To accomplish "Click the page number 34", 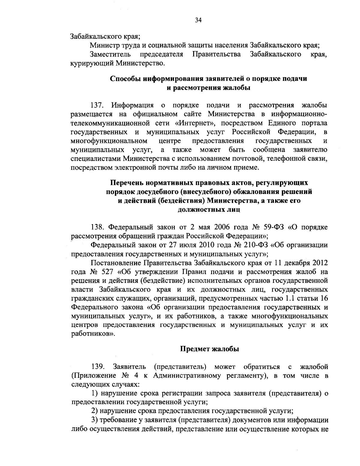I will click(x=198, y=20).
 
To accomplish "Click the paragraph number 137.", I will click(x=97, y=106).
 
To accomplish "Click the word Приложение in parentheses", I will click(x=93, y=376).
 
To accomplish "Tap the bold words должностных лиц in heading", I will click(x=209, y=210).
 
